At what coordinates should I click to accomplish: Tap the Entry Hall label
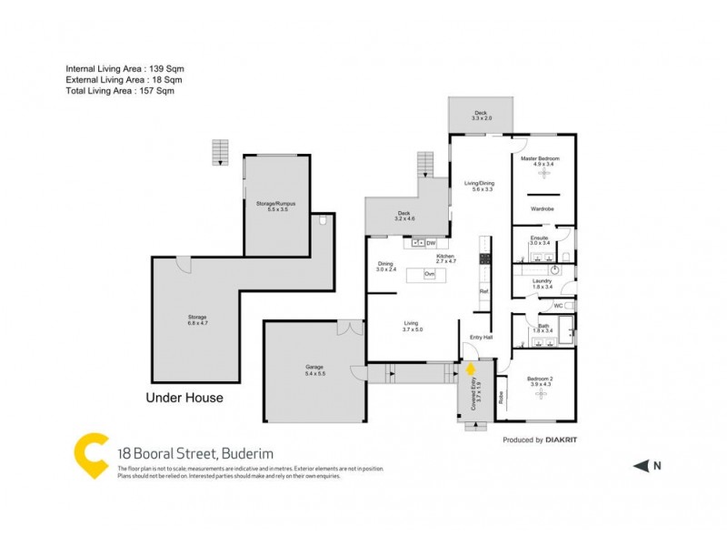click(481, 338)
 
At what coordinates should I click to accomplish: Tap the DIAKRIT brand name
click(564, 440)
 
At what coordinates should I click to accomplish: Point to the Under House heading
click(184, 398)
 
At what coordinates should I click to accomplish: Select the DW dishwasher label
click(431, 243)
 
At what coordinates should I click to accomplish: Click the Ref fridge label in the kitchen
click(483, 291)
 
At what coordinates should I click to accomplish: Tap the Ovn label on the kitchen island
click(429, 274)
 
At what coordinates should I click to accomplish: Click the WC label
click(559, 305)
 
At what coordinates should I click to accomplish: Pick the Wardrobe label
click(542, 208)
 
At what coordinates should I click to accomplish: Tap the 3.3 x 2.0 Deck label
click(481, 116)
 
